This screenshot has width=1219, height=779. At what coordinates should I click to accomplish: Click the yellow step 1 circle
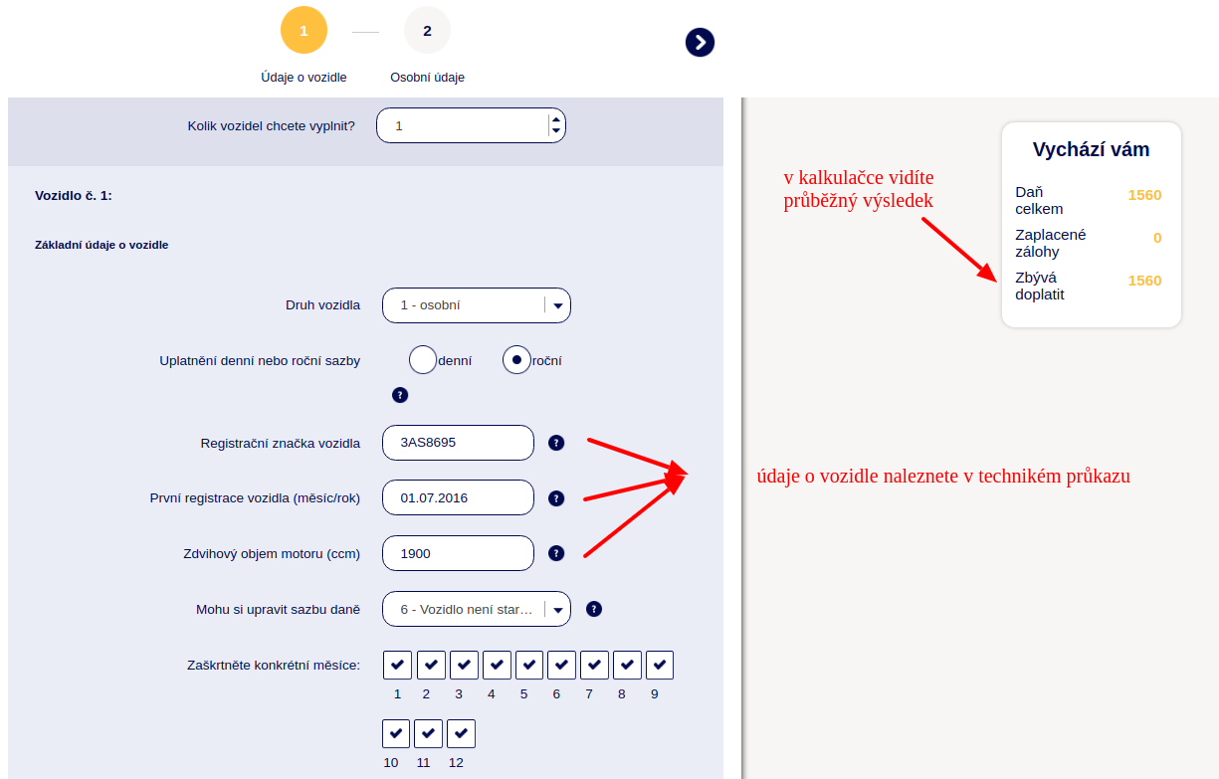click(x=304, y=30)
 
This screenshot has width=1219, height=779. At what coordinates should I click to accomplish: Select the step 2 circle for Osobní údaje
click(x=427, y=30)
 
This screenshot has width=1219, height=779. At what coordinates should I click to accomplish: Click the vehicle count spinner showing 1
click(x=471, y=125)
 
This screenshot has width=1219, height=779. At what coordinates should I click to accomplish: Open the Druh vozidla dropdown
click(x=477, y=305)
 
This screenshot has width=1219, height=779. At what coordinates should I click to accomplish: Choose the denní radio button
click(x=423, y=359)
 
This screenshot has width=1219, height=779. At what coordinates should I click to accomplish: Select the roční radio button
click(x=516, y=359)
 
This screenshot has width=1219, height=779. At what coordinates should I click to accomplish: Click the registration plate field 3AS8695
click(x=458, y=443)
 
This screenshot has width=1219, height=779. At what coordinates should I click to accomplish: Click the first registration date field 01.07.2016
click(x=458, y=497)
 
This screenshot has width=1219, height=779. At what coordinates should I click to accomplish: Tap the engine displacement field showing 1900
click(x=458, y=553)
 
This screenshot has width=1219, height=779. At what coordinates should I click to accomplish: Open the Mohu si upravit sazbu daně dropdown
click(x=477, y=609)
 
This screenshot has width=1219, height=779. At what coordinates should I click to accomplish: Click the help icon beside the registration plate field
click(x=556, y=443)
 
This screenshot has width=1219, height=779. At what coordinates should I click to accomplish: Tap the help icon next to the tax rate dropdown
click(x=594, y=609)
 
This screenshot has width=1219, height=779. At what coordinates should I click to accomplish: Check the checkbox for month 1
click(x=397, y=665)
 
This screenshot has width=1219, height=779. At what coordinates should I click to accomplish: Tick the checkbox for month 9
click(x=660, y=665)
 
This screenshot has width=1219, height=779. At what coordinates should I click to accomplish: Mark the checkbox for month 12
click(x=461, y=733)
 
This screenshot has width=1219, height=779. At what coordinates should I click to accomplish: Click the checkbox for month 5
click(x=529, y=665)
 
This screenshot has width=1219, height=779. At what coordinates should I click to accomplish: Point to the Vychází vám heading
click(x=1091, y=149)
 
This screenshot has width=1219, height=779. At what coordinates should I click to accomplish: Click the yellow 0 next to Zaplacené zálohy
click(x=1157, y=238)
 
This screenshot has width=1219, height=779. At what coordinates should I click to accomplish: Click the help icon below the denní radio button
click(x=400, y=395)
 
